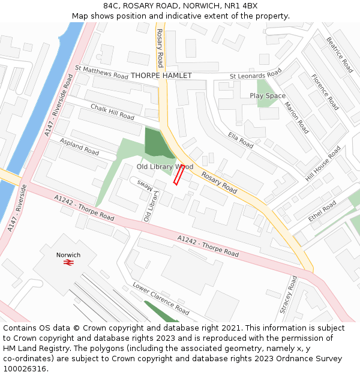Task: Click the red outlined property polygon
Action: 179,175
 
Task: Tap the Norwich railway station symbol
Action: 68,263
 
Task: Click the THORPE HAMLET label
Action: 161,76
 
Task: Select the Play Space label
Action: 268,95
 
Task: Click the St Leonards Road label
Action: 256,74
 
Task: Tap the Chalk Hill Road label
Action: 112,112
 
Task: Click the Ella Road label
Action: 241,140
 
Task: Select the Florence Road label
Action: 325,92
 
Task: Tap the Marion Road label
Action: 296,118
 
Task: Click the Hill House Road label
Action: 323,163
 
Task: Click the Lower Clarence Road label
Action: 161,299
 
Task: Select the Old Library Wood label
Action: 164,166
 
